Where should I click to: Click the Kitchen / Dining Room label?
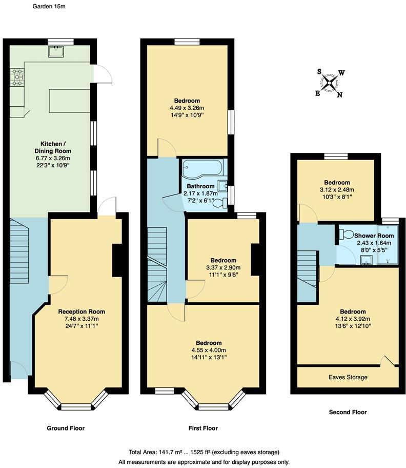(52, 147)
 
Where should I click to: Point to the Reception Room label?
(82, 311)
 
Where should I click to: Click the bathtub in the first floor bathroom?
(201, 167)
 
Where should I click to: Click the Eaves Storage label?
(348, 377)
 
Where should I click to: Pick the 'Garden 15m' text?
(49, 7)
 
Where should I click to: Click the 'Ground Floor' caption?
(66, 428)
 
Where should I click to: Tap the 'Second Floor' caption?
(347, 412)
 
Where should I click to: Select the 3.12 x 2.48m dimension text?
(337, 189)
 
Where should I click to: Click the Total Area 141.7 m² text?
(204, 452)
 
